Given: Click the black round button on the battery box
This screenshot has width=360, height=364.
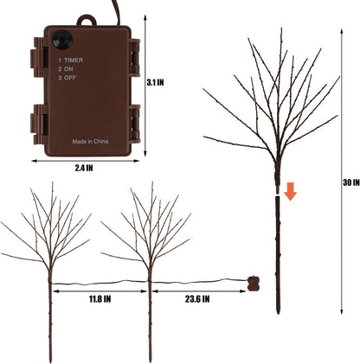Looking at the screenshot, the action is pyautogui.click(x=62, y=39).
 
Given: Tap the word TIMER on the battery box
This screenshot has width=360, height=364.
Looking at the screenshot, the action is pyautogui.click(x=74, y=60).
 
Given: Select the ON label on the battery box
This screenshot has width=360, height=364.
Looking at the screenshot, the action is pyautogui.click(x=68, y=69).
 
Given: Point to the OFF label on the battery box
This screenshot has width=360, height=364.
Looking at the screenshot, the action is pyautogui.click(x=70, y=78).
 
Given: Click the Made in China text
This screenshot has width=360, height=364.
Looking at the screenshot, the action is pyautogui.click(x=90, y=142).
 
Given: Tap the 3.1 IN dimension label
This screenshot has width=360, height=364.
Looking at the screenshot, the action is pyautogui.click(x=155, y=82).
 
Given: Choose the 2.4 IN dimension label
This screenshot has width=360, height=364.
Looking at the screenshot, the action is pyautogui.click(x=84, y=168).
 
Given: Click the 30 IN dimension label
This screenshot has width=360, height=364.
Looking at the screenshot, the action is pyautogui.click(x=351, y=182).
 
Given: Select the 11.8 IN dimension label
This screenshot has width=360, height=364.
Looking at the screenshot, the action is pyautogui.click(x=100, y=299).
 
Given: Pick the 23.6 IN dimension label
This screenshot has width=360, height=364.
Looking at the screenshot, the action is pyautogui.click(x=197, y=299).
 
